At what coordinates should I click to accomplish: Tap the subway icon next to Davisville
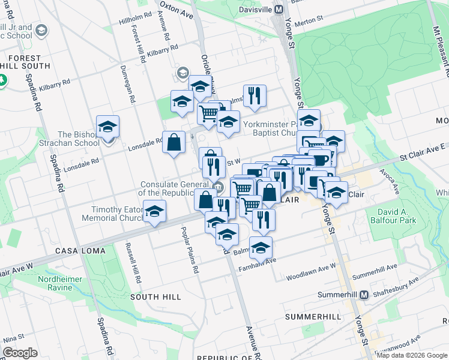pos(279,10)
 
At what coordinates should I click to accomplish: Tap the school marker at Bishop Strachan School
pos(108,127)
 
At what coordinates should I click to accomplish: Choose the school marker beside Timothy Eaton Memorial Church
pos(155,212)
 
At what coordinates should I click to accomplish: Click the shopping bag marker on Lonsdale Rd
pos(173,143)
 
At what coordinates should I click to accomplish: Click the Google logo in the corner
pos(20,353)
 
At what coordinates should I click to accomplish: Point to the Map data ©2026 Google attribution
pos(412,355)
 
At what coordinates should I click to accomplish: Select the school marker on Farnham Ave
pos(261,247)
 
